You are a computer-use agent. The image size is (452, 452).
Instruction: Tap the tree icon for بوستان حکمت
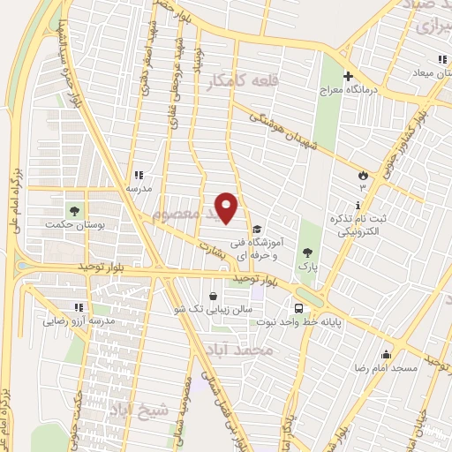click(74, 211)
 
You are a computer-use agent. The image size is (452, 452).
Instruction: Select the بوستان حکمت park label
click(74, 226)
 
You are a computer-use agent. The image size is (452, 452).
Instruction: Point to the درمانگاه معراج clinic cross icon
click(348, 76)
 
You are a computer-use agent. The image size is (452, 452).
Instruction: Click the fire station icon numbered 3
click(361, 176)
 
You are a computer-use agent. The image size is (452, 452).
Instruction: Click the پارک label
click(307, 264)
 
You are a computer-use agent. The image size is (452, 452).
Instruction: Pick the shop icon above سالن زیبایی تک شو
click(213, 296)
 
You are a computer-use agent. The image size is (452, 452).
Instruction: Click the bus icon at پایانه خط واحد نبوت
click(300, 308)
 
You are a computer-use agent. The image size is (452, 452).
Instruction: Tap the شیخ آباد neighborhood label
click(133, 409)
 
